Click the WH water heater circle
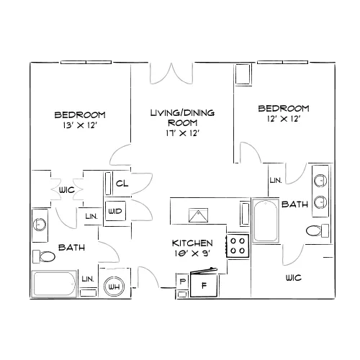114,286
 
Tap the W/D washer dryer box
115,211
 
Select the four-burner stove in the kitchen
238,246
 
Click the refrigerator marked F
204,285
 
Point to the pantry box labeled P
182,281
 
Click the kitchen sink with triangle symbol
198,215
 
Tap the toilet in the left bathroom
44,256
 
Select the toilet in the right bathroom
318,230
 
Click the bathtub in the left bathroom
54,284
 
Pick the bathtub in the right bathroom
266,221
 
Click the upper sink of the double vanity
320,181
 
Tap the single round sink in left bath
40,225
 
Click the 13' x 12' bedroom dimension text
80,125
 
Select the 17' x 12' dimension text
183,133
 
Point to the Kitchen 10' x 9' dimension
192,253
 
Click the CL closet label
122,184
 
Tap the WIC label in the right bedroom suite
294,278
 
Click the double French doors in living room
171,73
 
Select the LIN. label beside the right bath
276,180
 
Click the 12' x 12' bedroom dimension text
284,119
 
